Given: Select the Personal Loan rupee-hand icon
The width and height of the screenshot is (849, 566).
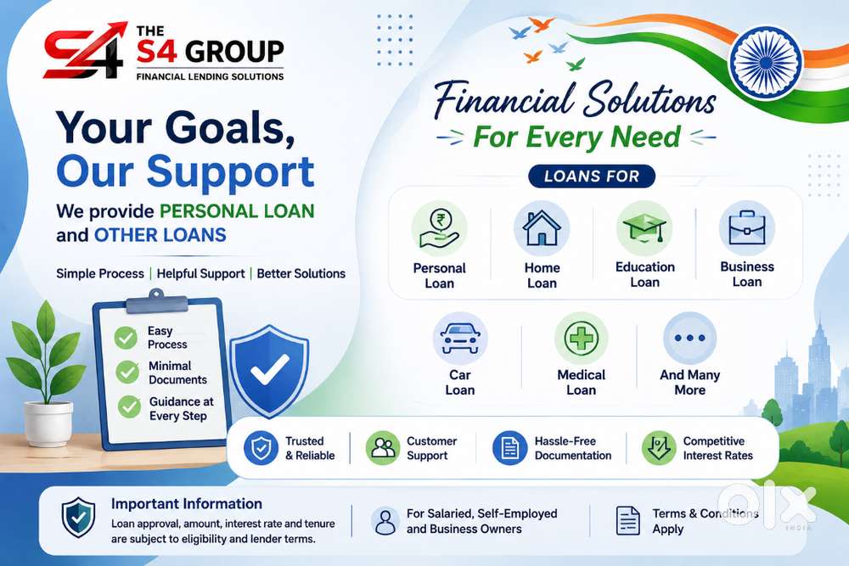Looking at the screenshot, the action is coord(439,228).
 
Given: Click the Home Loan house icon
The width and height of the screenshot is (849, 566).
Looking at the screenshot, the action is coord(542,227).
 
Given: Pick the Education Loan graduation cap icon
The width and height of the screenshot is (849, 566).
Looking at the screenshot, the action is coord(644,227).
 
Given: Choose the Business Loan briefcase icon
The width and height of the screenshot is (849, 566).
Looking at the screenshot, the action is coord(746,227).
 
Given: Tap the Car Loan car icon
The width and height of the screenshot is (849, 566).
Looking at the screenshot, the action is coord(460,339).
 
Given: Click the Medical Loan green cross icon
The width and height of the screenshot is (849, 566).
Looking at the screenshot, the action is coord(581,339).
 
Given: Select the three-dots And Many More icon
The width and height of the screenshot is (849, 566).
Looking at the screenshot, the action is coord(689,339).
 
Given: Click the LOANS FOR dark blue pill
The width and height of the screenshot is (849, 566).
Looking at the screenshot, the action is coord(592,177).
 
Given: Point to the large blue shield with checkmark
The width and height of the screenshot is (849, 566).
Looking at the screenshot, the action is coord(269,371).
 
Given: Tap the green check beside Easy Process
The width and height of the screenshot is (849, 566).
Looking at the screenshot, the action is coord(126,338).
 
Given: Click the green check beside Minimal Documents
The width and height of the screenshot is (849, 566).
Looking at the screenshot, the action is coord(127,373).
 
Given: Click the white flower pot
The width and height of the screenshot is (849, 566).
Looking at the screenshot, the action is coord(48,423).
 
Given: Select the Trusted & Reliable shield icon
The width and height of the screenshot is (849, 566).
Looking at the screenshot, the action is coord(261,448).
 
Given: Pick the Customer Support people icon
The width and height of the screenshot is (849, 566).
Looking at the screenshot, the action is coord(383,448).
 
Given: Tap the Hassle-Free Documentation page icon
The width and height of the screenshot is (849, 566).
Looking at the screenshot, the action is coord(509,448).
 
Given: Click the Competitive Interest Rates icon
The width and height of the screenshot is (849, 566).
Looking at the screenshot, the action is coord(659,448).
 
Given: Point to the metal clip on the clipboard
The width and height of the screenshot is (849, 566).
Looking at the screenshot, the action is coord(156,301).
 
